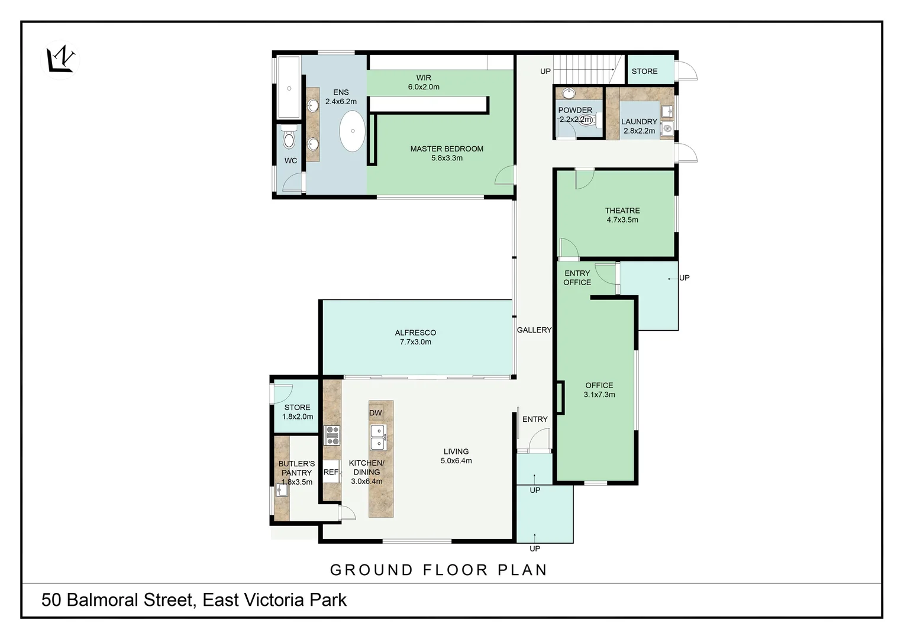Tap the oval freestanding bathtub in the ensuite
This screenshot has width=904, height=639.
pyautogui.click(x=352, y=131)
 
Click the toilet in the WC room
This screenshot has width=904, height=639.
pyautogui.click(x=289, y=139)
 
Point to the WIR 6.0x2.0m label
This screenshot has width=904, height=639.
pyautogui.click(x=424, y=82)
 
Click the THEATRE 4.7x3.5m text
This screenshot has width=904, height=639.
pyautogui.click(x=622, y=215)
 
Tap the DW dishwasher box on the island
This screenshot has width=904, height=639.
pyautogui.click(x=376, y=413)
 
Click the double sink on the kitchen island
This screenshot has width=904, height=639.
pyautogui.click(x=378, y=437)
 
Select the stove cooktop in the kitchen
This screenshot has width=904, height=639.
pyautogui.click(x=332, y=435)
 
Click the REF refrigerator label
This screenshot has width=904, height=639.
pyautogui.click(x=331, y=472)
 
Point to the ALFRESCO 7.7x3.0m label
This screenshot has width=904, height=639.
pyautogui.click(x=415, y=337)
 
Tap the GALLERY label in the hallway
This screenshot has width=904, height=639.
pyautogui.click(x=534, y=330)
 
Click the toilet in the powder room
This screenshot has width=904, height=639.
pyautogui.click(x=586, y=120)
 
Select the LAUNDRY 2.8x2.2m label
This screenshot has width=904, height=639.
pyautogui.click(x=639, y=126)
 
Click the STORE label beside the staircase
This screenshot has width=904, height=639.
pyautogui.click(x=644, y=71)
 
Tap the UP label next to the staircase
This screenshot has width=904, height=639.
pyautogui.click(x=545, y=71)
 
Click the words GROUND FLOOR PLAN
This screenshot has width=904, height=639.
pyautogui.click(x=438, y=570)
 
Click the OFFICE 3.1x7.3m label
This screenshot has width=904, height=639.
pyautogui.click(x=599, y=390)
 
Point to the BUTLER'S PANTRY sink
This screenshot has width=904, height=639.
pyautogui.click(x=282, y=490)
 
